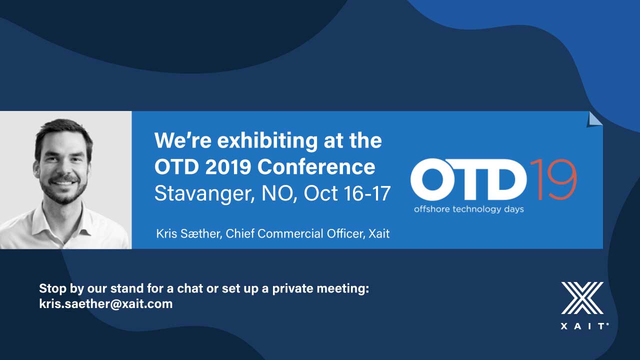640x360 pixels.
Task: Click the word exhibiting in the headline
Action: [x=267, y=141]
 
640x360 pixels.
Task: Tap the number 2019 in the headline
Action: [x=228, y=167]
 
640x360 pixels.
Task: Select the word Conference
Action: [x=316, y=167]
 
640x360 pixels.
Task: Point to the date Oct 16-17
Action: [x=347, y=193]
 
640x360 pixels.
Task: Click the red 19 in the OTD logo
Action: [x=553, y=179]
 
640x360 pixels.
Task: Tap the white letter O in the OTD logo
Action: [x=431, y=179]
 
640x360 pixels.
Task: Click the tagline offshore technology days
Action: [x=469, y=209]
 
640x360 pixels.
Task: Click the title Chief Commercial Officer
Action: [x=294, y=233]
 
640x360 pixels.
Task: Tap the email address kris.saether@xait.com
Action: [x=105, y=303]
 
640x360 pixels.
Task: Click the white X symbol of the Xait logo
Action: [x=582, y=298]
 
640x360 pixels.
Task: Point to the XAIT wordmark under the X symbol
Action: [x=584, y=326]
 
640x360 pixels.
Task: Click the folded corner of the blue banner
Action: [x=594, y=119]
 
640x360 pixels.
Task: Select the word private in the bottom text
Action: [x=293, y=288]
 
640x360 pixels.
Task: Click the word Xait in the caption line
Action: [x=379, y=233]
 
